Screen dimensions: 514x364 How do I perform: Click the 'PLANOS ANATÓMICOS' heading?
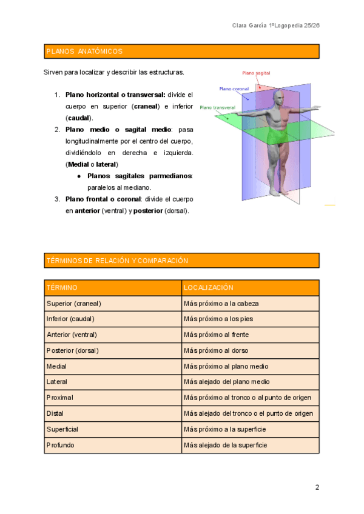click(84, 52)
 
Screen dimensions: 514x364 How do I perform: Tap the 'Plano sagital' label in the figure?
click(256, 73)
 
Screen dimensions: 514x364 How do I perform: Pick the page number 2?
click(317, 487)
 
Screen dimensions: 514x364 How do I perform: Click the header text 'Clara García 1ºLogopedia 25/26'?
click(275, 25)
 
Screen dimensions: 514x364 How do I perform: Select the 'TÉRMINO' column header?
click(62, 287)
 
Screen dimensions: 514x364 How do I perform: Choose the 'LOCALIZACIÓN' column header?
click(208, 287)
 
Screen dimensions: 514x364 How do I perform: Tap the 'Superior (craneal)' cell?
click(73, 303)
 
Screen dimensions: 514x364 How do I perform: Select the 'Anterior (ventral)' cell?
click(72, 335)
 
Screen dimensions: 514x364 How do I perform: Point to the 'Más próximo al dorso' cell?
click(215, 350)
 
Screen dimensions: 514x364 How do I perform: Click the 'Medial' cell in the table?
click(56, 366)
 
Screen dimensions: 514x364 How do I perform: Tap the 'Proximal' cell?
click(59, 398)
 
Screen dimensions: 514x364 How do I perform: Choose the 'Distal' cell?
click(55, 413)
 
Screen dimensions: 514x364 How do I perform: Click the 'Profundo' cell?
click(60, 445)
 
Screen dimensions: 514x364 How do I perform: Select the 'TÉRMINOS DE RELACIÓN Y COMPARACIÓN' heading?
click(117, 261)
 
